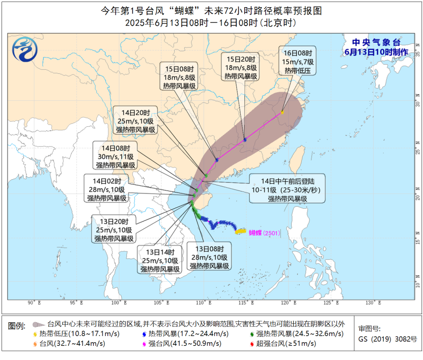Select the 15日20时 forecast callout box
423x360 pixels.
coord(242,67)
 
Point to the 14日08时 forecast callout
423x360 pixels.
coord(116,156)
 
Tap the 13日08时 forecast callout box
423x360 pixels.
coord(210,257)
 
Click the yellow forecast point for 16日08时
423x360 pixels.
coord(282,112)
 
